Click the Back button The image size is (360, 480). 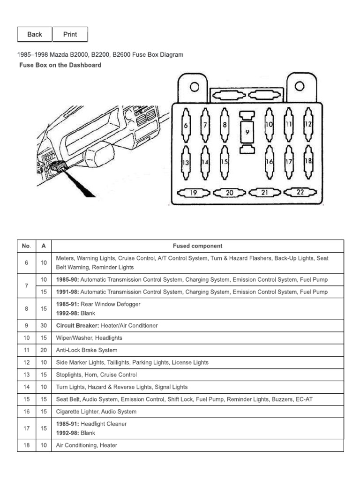[35, 34]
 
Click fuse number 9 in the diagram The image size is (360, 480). [247, 132]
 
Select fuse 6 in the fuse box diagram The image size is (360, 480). [186, 125]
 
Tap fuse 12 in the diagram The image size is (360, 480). [308, 125]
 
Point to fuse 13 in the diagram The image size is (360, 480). [186, 162]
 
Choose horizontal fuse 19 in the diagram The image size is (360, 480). [193, 193]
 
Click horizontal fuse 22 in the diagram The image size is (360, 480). [300, 192]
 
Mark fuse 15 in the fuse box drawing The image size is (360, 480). [225, 162]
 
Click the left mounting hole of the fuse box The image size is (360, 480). [194, 87]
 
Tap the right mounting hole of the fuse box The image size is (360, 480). [299, 86]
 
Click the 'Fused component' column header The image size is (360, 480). [197, 246]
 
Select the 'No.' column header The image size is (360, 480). [26, 246]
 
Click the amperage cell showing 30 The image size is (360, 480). [44, 326]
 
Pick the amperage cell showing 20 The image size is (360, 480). [44, 350]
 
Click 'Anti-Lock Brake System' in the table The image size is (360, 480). [87, 350]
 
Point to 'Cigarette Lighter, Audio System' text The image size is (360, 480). [96, 412]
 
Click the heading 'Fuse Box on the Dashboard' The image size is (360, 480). [60, 65]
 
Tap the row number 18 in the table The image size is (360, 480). [26, 445]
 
